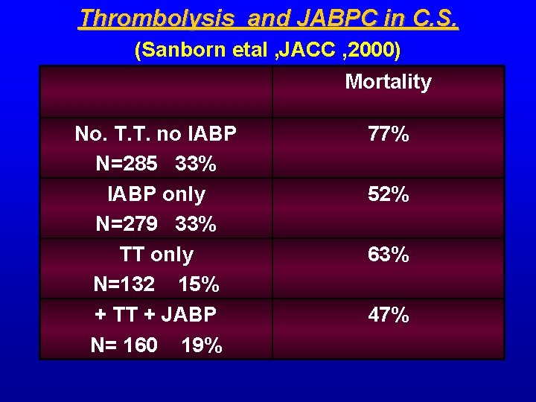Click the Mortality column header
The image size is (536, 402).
point(388,82)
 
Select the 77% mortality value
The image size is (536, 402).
point(388,135)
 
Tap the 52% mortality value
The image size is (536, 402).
point(388,195)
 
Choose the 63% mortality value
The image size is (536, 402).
point(388,255)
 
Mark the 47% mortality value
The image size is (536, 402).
point(388,316)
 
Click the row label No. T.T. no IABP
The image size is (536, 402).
point(156,134)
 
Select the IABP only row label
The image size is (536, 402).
point(156,194)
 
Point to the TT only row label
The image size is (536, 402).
point(156,255)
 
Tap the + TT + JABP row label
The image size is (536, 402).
point(156,315)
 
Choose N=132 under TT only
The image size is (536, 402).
point(124,284)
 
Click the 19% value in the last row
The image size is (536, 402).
point(202,345)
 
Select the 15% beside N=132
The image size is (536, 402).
point(199,284)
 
